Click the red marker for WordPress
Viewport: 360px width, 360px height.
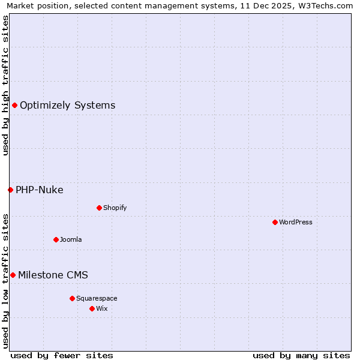coord(275,222)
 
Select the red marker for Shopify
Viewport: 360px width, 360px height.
coord(99,208)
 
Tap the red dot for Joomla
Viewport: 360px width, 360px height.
coord(56,239)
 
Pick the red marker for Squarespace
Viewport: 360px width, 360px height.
coord(72,298)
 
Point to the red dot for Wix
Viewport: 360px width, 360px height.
coord(92,308)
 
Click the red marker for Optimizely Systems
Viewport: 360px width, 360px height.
coord(14,106)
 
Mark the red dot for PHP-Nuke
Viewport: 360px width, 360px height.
coord(10,190)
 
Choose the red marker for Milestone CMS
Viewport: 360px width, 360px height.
coord(13,275)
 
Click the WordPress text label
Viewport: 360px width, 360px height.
coord(296,222)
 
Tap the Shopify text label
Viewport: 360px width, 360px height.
coord(115,208)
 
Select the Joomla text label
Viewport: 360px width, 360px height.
coord(71,239)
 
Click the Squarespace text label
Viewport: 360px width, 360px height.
coord(97,298)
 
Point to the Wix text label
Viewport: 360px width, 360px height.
coord(102,308)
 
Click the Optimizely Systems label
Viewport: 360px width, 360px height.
coord(67,106)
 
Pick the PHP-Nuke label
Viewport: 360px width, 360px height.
coord(40,190)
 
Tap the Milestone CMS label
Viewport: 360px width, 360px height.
coord(53,275)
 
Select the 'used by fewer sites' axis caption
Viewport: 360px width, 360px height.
coord(62,355)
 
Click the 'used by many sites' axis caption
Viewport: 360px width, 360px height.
coord(301,355)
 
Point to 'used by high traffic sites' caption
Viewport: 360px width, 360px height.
coord(6,85)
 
